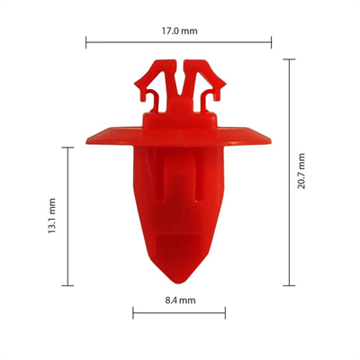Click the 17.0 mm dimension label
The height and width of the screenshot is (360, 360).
click(178, 30)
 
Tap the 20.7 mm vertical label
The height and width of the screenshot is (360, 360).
click(301, 170)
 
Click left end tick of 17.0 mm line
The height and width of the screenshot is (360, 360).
click(86, 41)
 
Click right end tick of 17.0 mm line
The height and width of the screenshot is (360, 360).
click(271, 41)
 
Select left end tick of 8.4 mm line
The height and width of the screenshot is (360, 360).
click(133, 312)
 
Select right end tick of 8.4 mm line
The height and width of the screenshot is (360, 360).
click(225, 312)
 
